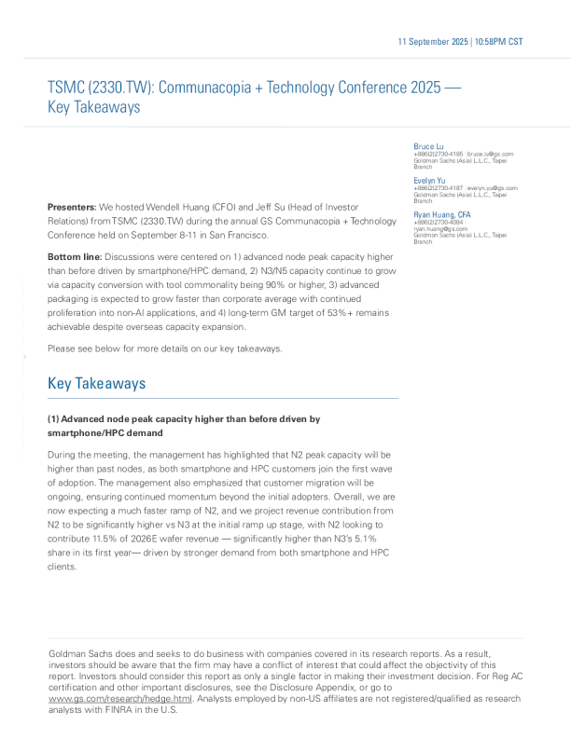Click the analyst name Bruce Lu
tap(429, 146)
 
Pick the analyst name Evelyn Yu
tap(429, 180)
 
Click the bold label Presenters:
tap(72, 206)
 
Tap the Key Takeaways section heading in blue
tap(96, 383)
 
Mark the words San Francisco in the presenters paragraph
tap(241, 236)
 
